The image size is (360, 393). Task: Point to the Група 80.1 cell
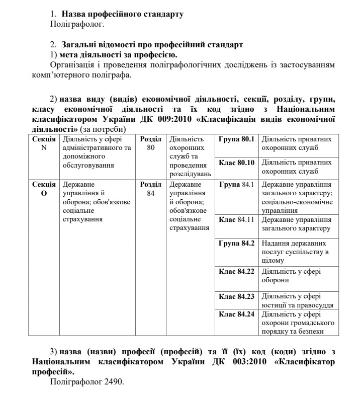pos(237,138)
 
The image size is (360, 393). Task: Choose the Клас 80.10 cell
pos(237,163)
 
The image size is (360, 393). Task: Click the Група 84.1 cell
pos(237,185)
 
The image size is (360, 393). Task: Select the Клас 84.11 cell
pos(237,220)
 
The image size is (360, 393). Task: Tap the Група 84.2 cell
pos(237,244)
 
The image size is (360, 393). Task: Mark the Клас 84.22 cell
pos(237,272)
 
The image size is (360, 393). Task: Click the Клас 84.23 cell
pos(237,296)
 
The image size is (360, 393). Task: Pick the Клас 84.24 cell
pos(237,315)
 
